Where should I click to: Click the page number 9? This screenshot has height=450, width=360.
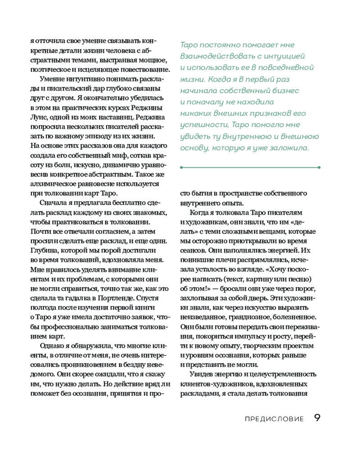317,418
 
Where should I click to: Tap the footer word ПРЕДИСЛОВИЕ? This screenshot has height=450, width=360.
274,418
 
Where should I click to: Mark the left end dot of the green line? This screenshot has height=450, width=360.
180,167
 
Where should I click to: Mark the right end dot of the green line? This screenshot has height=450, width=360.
319,167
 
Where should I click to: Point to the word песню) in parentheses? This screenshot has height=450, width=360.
300,279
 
